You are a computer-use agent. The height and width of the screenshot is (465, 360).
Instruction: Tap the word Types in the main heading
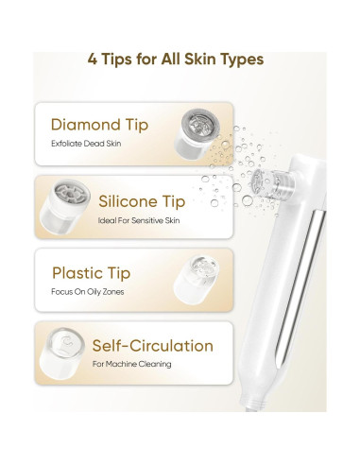[x=244, y=60]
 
